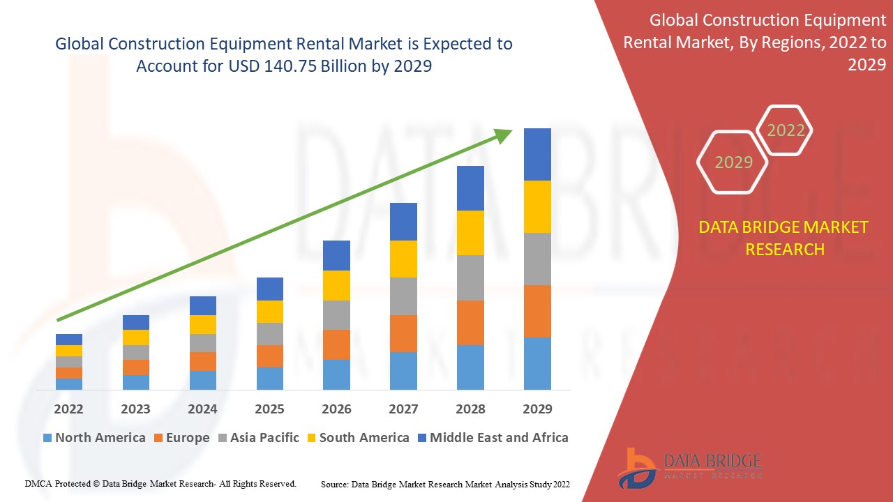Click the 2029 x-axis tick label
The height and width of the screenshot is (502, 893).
pyautogui.click(x=537, y=409)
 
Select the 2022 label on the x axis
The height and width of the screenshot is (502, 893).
pyautogui.click(x=68, y=409)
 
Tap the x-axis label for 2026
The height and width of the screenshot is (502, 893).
pyautogui.click(x=336, y=409)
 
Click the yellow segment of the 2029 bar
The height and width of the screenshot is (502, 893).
pyautogui.click(x=537, y=206)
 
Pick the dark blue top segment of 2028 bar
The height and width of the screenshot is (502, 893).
pyautogui.click(x=470, y=188)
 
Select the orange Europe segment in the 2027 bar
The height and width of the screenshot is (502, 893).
pyautogui.click(x=403, y=333)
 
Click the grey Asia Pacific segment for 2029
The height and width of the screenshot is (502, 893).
pyautogui.click(x=537, y=259)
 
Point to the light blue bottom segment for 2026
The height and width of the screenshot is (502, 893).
pyautogui.click(x=336, y=374)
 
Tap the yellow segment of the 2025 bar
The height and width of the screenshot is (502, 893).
pyautogui.click(x=270, y=312)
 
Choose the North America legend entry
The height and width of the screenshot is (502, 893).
pyautogui.click(x=93, y=438)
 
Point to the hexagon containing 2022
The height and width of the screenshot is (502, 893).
pyautogui.click(x=786, y=130)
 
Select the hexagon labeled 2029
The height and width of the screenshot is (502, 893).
pyautogui.click(x=733, y=162)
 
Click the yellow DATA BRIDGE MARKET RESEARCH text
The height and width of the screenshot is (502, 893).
pyautogui.click(x=784, y=238)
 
